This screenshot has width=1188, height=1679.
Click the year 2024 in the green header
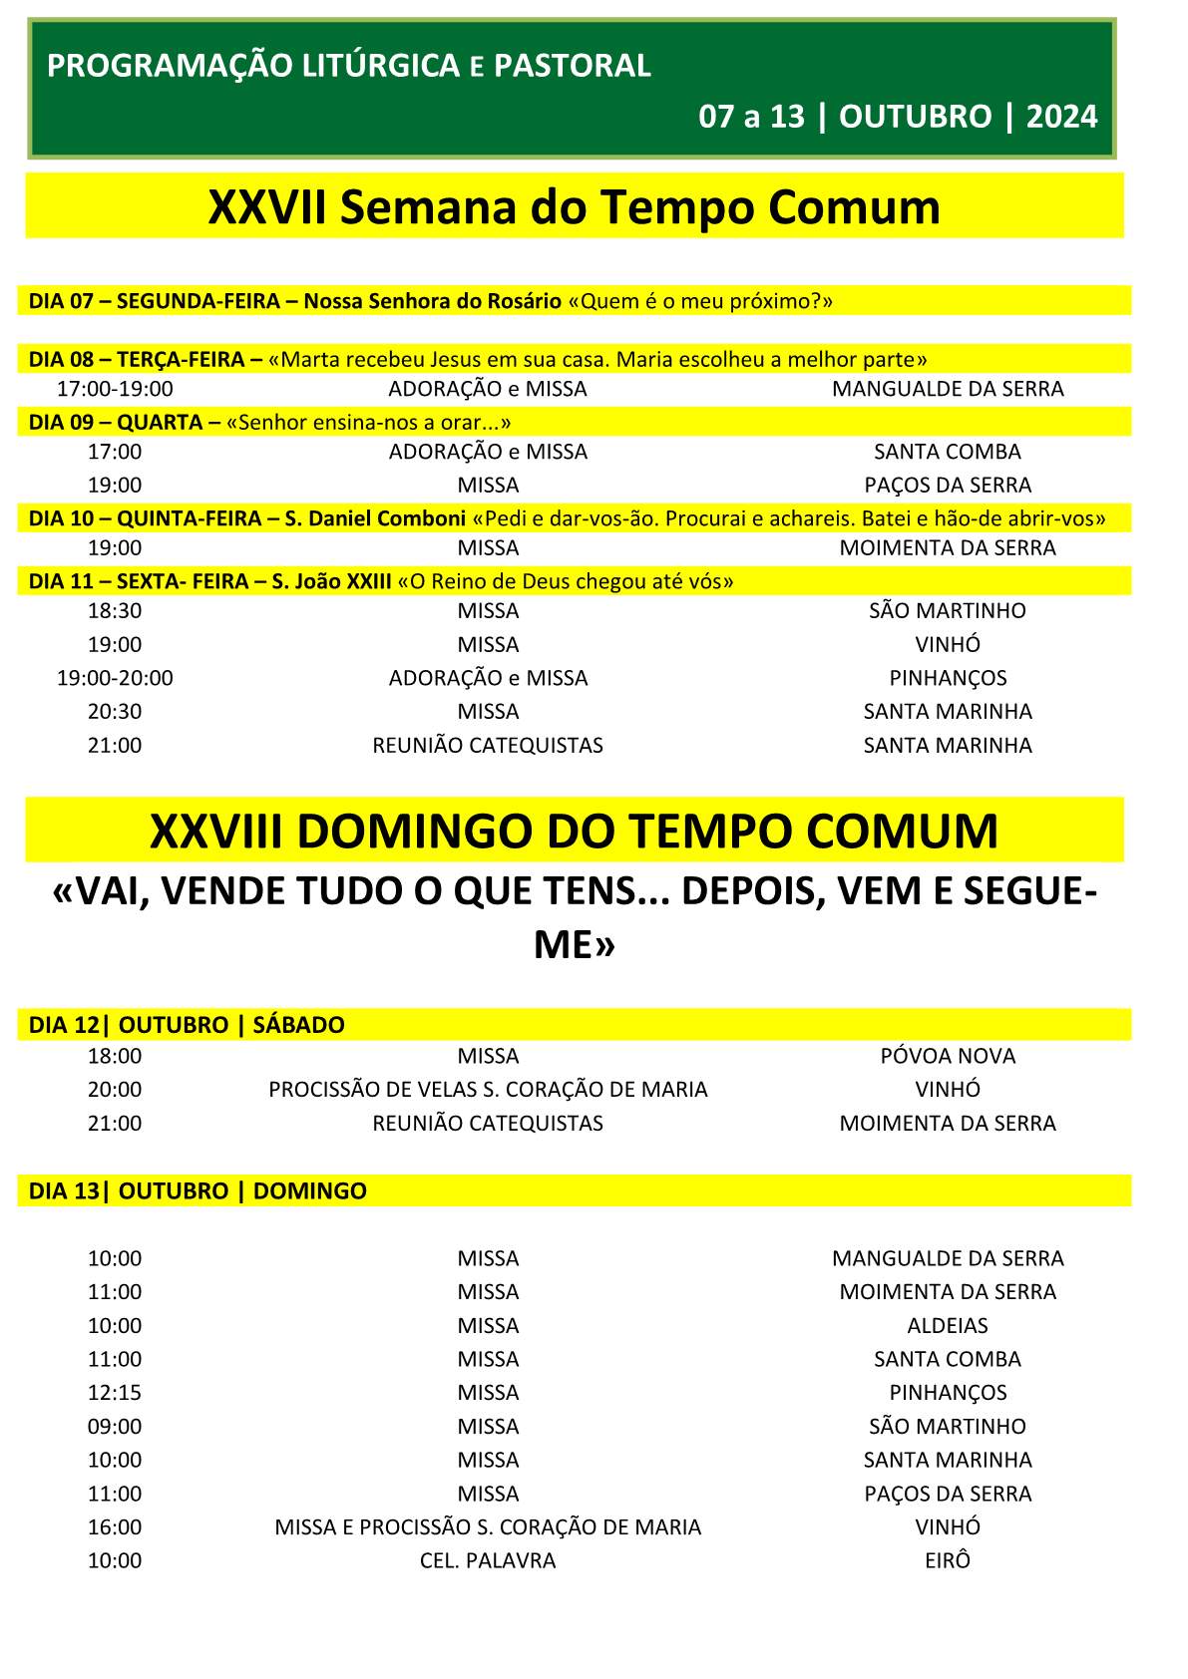[1061, 117]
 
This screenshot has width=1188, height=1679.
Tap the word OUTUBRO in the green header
[915, 117]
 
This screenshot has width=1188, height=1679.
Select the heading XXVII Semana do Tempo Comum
[574, 207]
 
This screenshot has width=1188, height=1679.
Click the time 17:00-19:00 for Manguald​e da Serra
[115, 389]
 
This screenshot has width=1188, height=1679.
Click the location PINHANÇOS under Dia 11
[948, 678]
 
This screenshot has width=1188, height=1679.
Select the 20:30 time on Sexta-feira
[115, 712]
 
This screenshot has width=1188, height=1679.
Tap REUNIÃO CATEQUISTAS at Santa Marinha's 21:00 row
[488, 746]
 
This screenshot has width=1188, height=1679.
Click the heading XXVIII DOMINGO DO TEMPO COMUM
[574, 831]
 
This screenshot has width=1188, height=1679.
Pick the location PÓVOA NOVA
[948, 1056]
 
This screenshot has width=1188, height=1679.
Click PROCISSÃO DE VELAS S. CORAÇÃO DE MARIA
[488, 1090]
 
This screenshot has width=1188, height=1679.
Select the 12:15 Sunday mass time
[115, 1393]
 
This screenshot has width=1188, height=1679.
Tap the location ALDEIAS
[948, 1326]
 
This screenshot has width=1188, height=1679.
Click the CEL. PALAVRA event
[488, 1560]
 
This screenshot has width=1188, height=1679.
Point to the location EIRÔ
[948, 1560]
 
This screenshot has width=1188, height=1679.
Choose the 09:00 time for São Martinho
[115, 1427]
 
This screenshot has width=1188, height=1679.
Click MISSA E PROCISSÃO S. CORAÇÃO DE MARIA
[488, 1527]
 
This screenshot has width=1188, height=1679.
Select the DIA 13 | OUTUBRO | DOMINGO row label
[198, 1191]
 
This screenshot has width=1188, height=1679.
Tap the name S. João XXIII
[331, 581]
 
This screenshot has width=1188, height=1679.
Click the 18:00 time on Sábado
[115, 1056]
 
